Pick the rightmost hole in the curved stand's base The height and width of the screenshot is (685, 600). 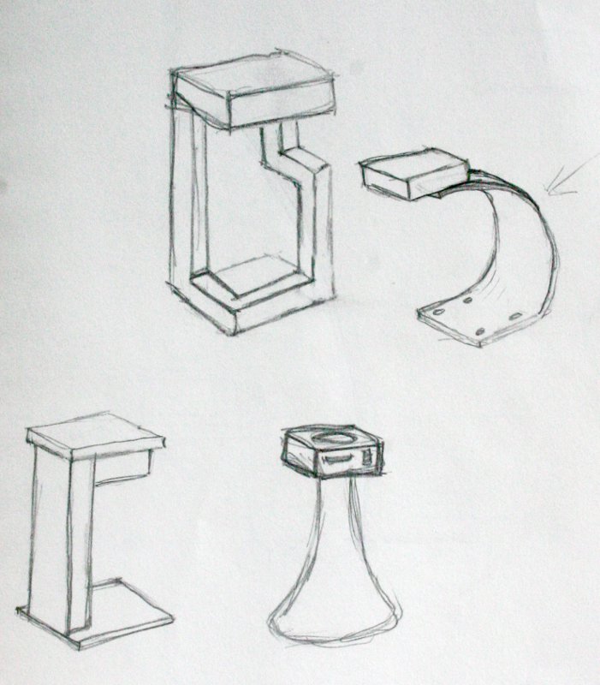point(516,316)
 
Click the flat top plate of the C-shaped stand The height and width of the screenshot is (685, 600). point(94,432)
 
